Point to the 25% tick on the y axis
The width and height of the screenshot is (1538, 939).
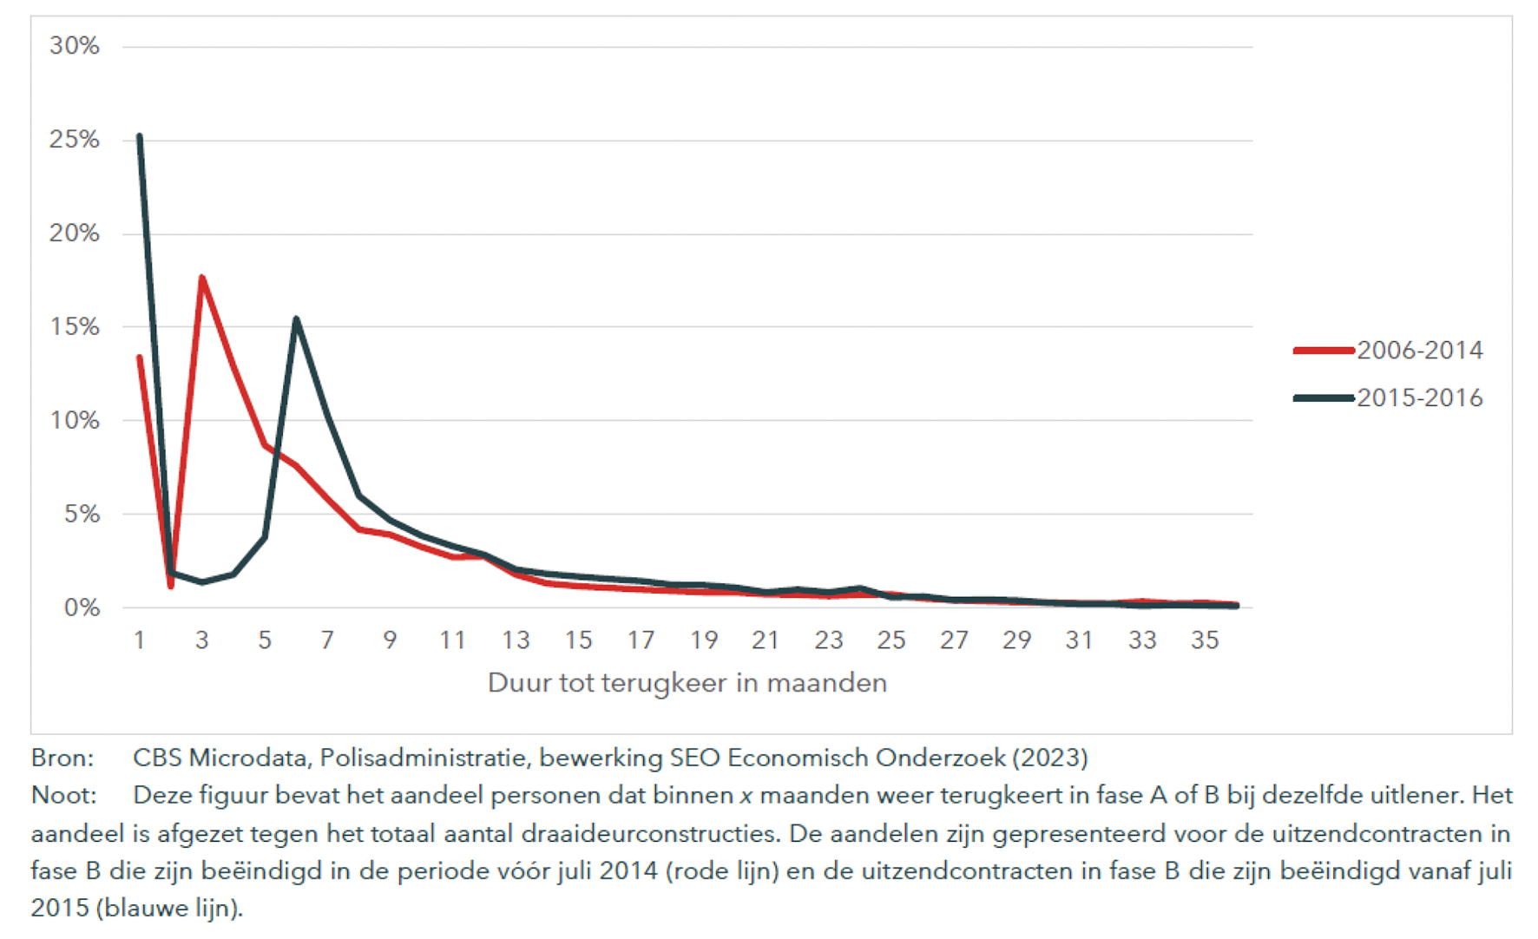75,140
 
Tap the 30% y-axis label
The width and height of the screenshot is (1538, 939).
75,46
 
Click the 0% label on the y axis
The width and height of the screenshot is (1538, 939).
82,607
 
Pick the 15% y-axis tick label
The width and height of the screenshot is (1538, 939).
75,327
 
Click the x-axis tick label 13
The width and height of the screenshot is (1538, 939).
516,640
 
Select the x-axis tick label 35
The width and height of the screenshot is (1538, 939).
1205,640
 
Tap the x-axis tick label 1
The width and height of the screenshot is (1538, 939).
139,640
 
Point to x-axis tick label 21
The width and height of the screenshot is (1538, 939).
766,640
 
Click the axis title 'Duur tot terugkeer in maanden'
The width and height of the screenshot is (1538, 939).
687,683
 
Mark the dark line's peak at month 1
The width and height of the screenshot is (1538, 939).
139,136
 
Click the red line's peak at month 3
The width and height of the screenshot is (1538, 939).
202,278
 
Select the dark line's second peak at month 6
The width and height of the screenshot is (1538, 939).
296,318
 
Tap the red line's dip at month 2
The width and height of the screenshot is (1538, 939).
171,587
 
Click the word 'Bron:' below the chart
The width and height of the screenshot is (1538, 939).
62,758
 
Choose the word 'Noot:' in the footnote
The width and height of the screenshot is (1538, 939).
63,795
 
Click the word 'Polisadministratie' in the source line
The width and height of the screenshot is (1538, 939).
423,758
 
